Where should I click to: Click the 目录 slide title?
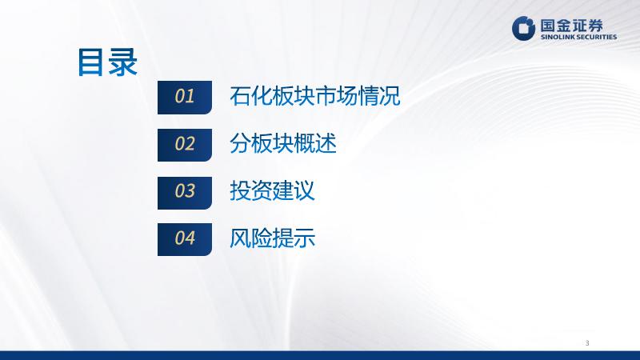[108, 62]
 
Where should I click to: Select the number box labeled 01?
[185, 97]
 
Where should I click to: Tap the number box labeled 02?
[185, 145]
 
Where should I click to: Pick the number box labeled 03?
[185, 193]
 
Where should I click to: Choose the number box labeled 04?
[185, 239]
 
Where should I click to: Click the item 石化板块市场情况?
[314, 96]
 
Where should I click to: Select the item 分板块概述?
[283, 144]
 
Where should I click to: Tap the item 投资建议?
[272, 191]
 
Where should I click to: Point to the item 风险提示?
[272, 238]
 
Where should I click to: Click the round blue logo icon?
[523, 28]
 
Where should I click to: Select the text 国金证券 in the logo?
[571, 26]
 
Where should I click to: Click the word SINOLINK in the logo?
[558, 37]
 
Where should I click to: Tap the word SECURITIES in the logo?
[597, 37]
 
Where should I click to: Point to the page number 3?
[587, 343]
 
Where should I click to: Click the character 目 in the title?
[91, 62]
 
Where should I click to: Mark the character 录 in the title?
[124, 62]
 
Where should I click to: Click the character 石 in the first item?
[240, 96]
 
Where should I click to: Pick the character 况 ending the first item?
[390, 96]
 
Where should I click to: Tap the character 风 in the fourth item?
[240, 238]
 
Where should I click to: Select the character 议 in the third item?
[305, 191]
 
